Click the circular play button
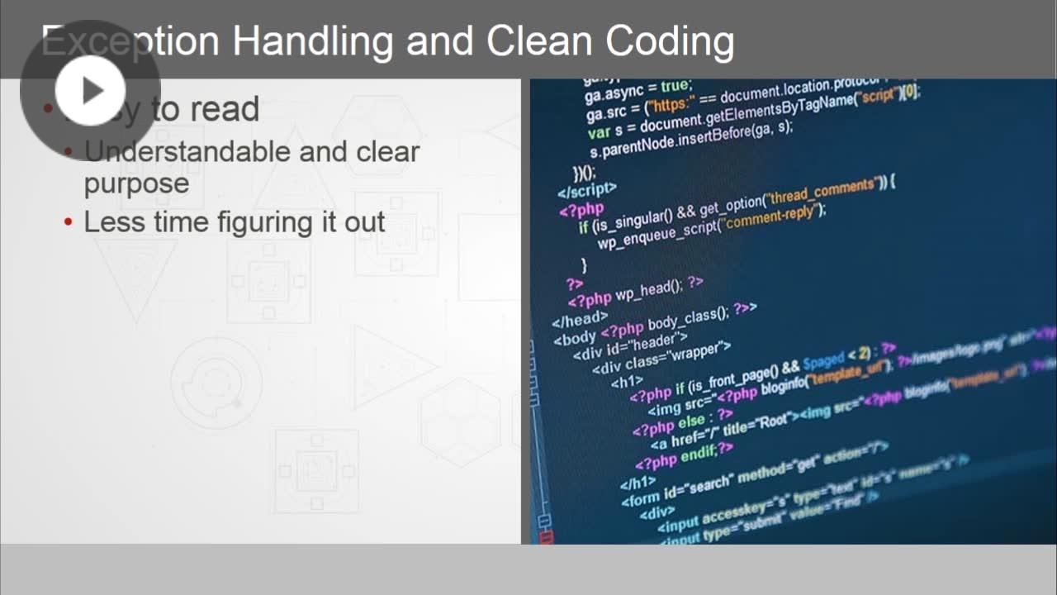tap(90, 90)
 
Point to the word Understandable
tap(187, 152)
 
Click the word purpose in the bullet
tap(136, 183)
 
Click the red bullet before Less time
tap(69, 222)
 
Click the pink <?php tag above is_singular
tap(581, 209)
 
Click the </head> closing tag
tap(580, 319)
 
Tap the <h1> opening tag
tap(627, 382)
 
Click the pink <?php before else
tap(654, 427)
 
